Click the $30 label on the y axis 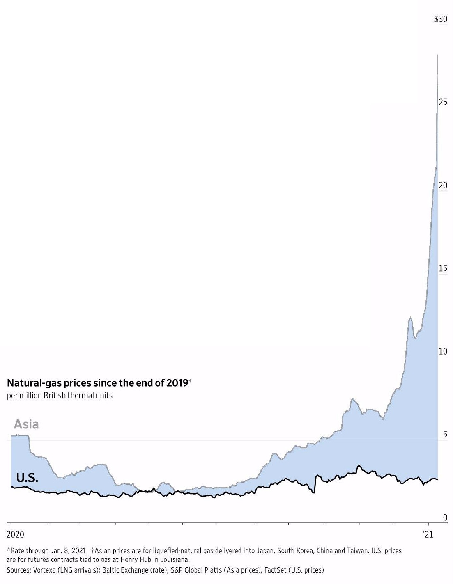440,19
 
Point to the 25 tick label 442,102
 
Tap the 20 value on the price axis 442,185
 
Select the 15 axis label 442,268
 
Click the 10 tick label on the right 442,351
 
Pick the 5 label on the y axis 445,434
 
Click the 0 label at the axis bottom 445,518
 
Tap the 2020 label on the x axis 15,534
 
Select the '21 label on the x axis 428,534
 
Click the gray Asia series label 26,424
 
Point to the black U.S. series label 27,478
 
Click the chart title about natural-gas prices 98,383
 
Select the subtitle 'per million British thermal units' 60,396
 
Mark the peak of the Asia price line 437,55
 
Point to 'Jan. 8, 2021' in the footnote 68,550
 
